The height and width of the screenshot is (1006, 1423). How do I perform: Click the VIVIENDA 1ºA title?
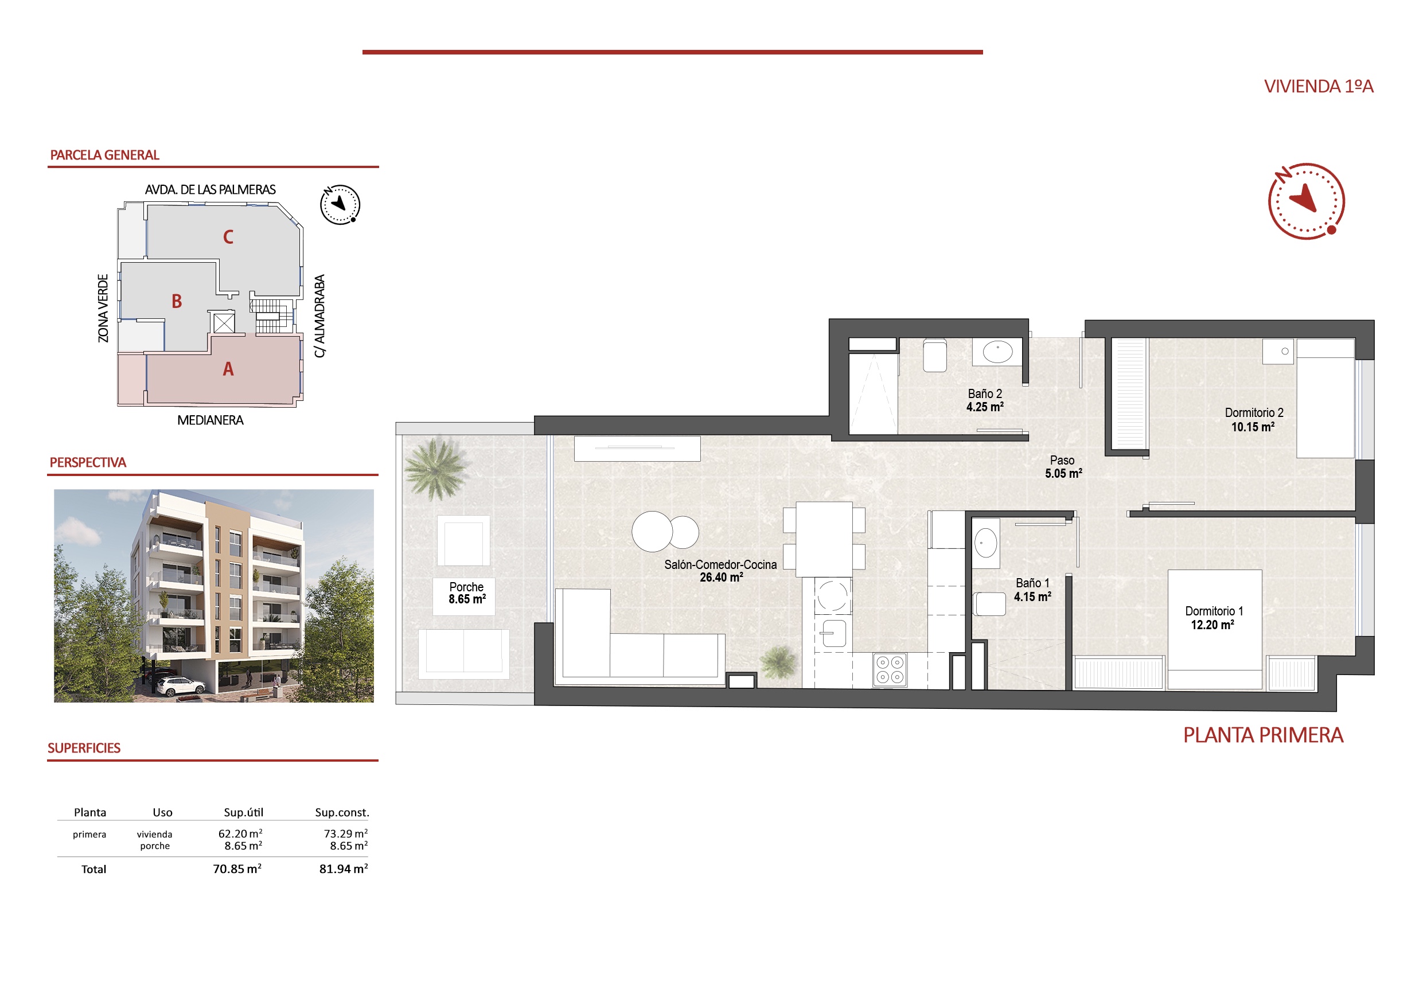tap(1318, 86)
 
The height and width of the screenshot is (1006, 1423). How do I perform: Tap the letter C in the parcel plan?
tap(228, 237)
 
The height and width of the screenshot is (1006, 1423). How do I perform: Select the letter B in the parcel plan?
tap(177, 301)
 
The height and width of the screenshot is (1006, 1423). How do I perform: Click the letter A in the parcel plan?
tap(228, 369)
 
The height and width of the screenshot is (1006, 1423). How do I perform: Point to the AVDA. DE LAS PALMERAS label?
tap(210, 190)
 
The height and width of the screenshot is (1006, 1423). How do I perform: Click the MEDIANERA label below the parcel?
tap(210, 420)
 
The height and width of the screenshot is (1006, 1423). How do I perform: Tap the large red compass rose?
tap(1306, 201)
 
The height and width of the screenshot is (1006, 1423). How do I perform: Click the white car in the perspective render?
tap(180, 685)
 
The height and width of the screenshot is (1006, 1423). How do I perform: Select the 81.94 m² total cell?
tap(344, 868)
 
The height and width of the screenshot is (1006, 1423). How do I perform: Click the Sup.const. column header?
tap(341, 812)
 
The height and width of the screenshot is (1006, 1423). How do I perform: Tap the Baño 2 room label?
tap(985, 393)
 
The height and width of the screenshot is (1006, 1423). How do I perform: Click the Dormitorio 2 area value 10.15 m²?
tap(1253, 427)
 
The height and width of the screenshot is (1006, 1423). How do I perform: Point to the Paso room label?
tap(1062, 460)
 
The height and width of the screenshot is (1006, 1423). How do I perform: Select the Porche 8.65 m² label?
tap(467, 593)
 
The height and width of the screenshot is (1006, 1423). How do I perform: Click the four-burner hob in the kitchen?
tap(890, 670)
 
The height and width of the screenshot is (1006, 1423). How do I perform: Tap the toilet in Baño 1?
tap(989, 604)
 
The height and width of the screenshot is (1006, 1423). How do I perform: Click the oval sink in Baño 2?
tap(998, 351)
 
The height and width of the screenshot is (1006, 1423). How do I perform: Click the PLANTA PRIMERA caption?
tap(1263, 735)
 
